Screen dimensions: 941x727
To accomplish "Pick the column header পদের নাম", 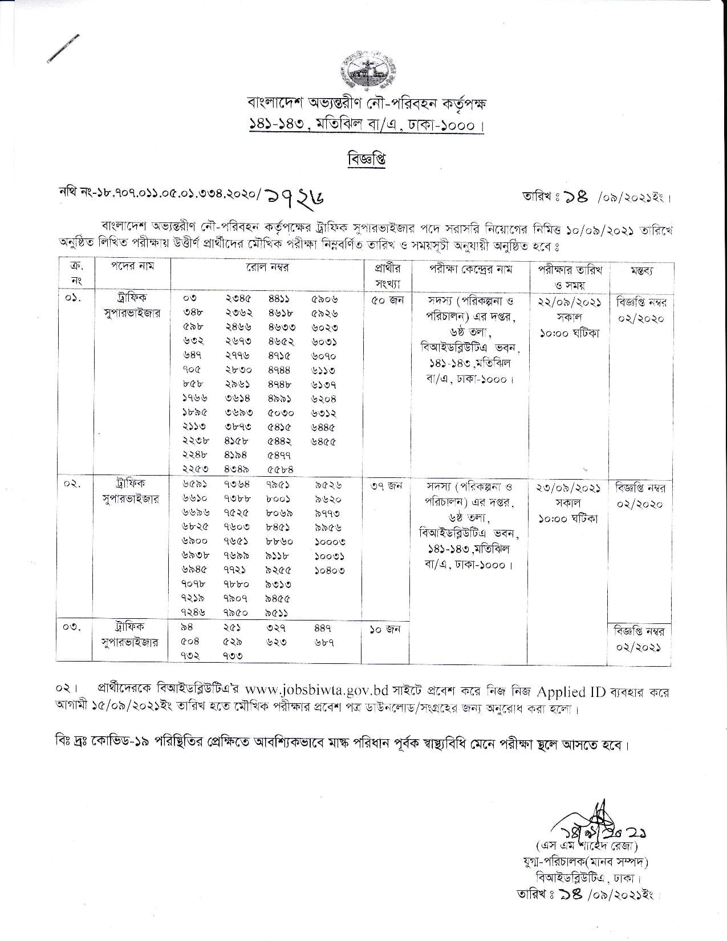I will pos(132,266).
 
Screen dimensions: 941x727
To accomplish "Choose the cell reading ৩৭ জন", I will pos(386,486).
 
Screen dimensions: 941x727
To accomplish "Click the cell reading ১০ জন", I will pos(386,630).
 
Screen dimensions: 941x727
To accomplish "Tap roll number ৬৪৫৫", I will pos(324,441).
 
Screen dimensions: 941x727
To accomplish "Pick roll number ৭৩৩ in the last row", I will pos(233,656).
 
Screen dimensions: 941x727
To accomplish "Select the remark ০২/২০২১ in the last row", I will pos(640,648).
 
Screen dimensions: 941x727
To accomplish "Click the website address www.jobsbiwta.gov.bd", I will pos(324,692).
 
